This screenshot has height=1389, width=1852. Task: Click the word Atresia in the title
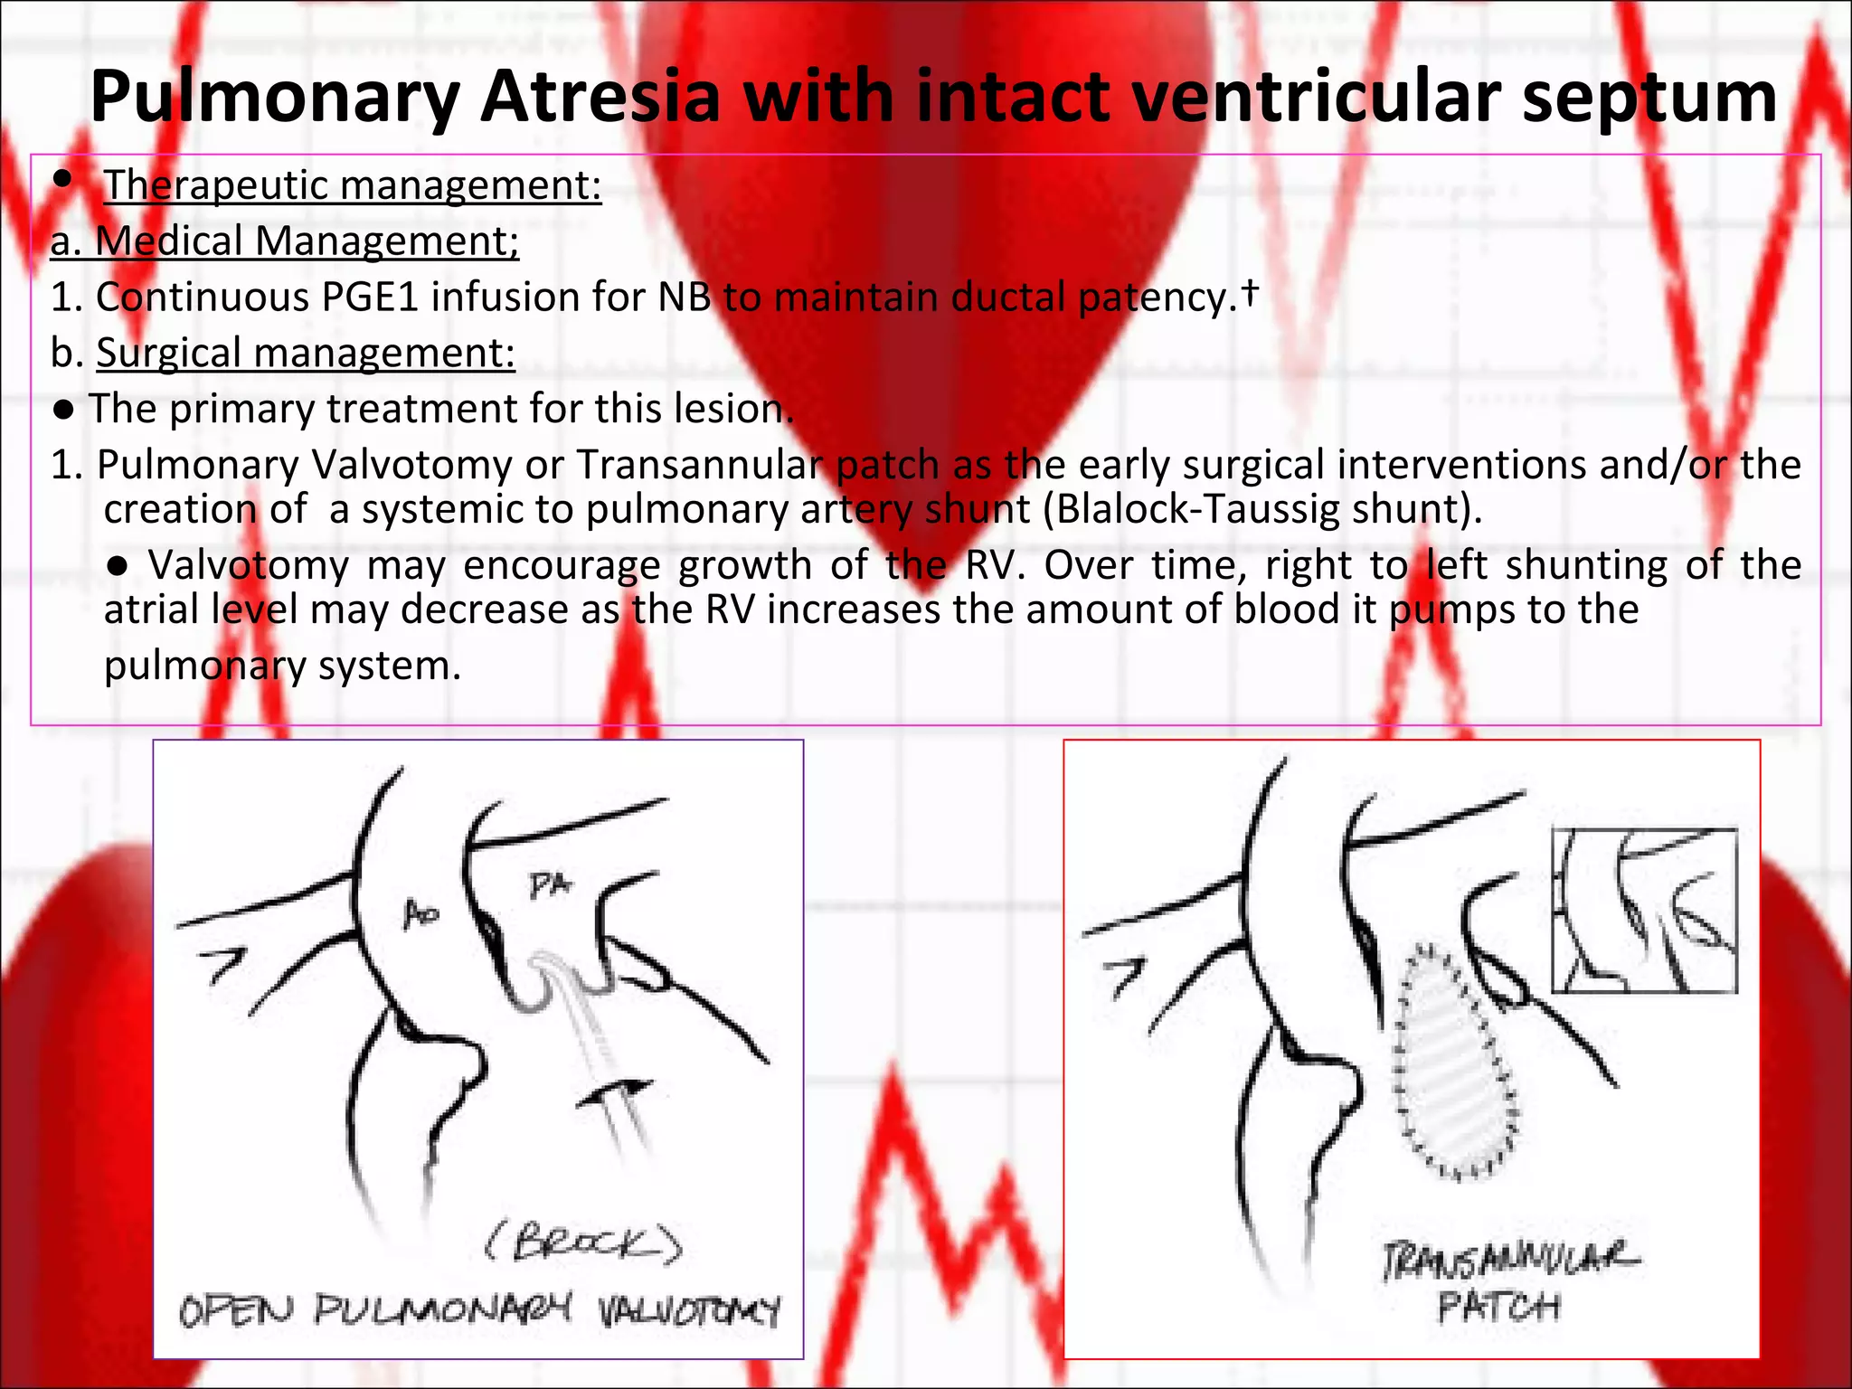click(600, 97)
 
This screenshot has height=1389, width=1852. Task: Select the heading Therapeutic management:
click(353, 185)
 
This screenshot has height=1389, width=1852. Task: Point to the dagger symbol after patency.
click(1249, 291)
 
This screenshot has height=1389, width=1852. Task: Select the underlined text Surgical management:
click(306, 353)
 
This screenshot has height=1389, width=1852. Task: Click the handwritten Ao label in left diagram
click(420, 915)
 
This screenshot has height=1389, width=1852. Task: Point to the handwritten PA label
click(550, 885)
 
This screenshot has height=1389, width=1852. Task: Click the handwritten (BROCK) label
click(583, 1244)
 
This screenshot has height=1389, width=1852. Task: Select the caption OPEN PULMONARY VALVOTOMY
click(478, 1310)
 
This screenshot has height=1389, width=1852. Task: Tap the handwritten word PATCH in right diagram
click(1498, 1306)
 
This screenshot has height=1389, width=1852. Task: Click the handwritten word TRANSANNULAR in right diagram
click(1508, 1261)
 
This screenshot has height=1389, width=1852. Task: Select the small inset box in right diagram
click(1644, 911)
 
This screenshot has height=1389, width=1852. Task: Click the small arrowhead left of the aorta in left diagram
click(228, 963)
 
